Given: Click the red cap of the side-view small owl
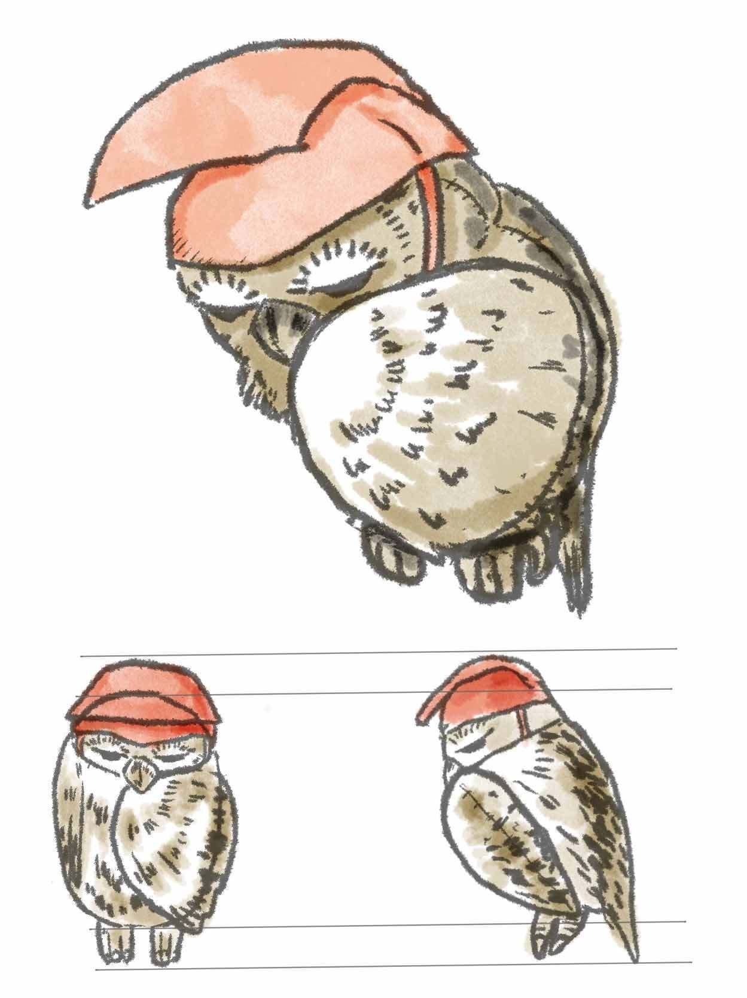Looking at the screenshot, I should pos(478,691).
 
